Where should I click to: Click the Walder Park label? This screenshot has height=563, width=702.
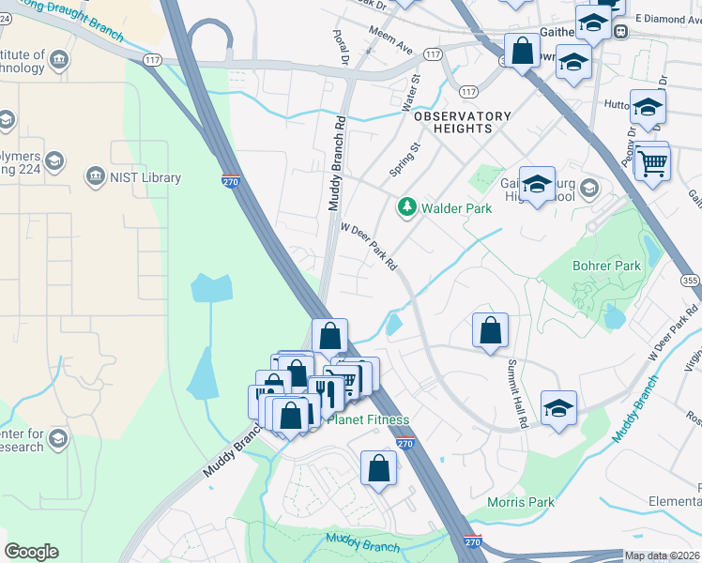pyautogui.click(x=457, y=208)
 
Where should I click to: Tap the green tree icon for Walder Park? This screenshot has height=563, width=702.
pyautogui.click(x=406, y=206)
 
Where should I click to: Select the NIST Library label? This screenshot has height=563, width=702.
pyautogui.click(x=145, y=177)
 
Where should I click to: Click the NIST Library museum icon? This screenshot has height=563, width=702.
pyautogui.click(x=94, y=176)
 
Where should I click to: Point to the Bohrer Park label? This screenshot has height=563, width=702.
pyautogui.click(x=607, y=266)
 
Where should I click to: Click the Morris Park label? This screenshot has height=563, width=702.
pyautogui.click(x=521, y=502)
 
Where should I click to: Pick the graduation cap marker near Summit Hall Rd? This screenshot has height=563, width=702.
pyautogui.click(x=558, y=408)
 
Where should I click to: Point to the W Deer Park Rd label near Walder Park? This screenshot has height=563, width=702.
pyautogui.click(x=368, y=246)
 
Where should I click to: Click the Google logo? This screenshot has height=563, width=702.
pyautogui.click(x=31, y=552)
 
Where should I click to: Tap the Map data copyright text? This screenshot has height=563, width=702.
pyautogui.click(x=662, y=556)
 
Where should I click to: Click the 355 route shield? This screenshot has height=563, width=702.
pyautogui.click(x=690, y=281)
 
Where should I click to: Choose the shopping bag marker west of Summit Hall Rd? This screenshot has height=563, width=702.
pyautogui.click(x=490, y=330)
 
